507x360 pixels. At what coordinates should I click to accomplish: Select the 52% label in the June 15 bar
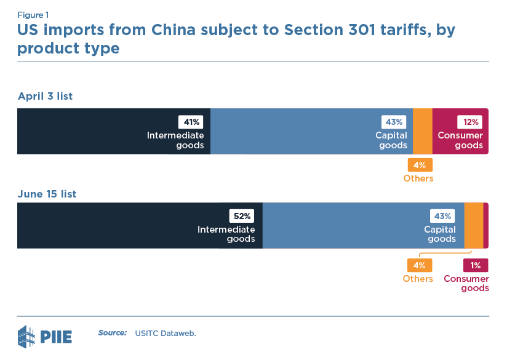coord(241,216)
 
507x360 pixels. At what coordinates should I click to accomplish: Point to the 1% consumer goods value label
coord(475,265)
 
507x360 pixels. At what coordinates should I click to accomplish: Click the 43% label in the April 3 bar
coord(394,122)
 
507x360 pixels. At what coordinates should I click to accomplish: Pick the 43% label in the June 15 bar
coord(442,216)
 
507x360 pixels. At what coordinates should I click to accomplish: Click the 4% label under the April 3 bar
coord(419,165)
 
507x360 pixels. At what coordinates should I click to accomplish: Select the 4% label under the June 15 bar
coord(419,265)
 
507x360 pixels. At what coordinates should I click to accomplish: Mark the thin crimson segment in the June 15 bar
coord(486,226)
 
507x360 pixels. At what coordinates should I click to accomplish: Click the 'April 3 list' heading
coord(46,96)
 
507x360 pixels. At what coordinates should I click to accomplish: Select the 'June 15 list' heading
coord(47,194)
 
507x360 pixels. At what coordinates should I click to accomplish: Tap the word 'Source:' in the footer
coord(112,333)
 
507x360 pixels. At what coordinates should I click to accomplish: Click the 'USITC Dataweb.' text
coord(166,333)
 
